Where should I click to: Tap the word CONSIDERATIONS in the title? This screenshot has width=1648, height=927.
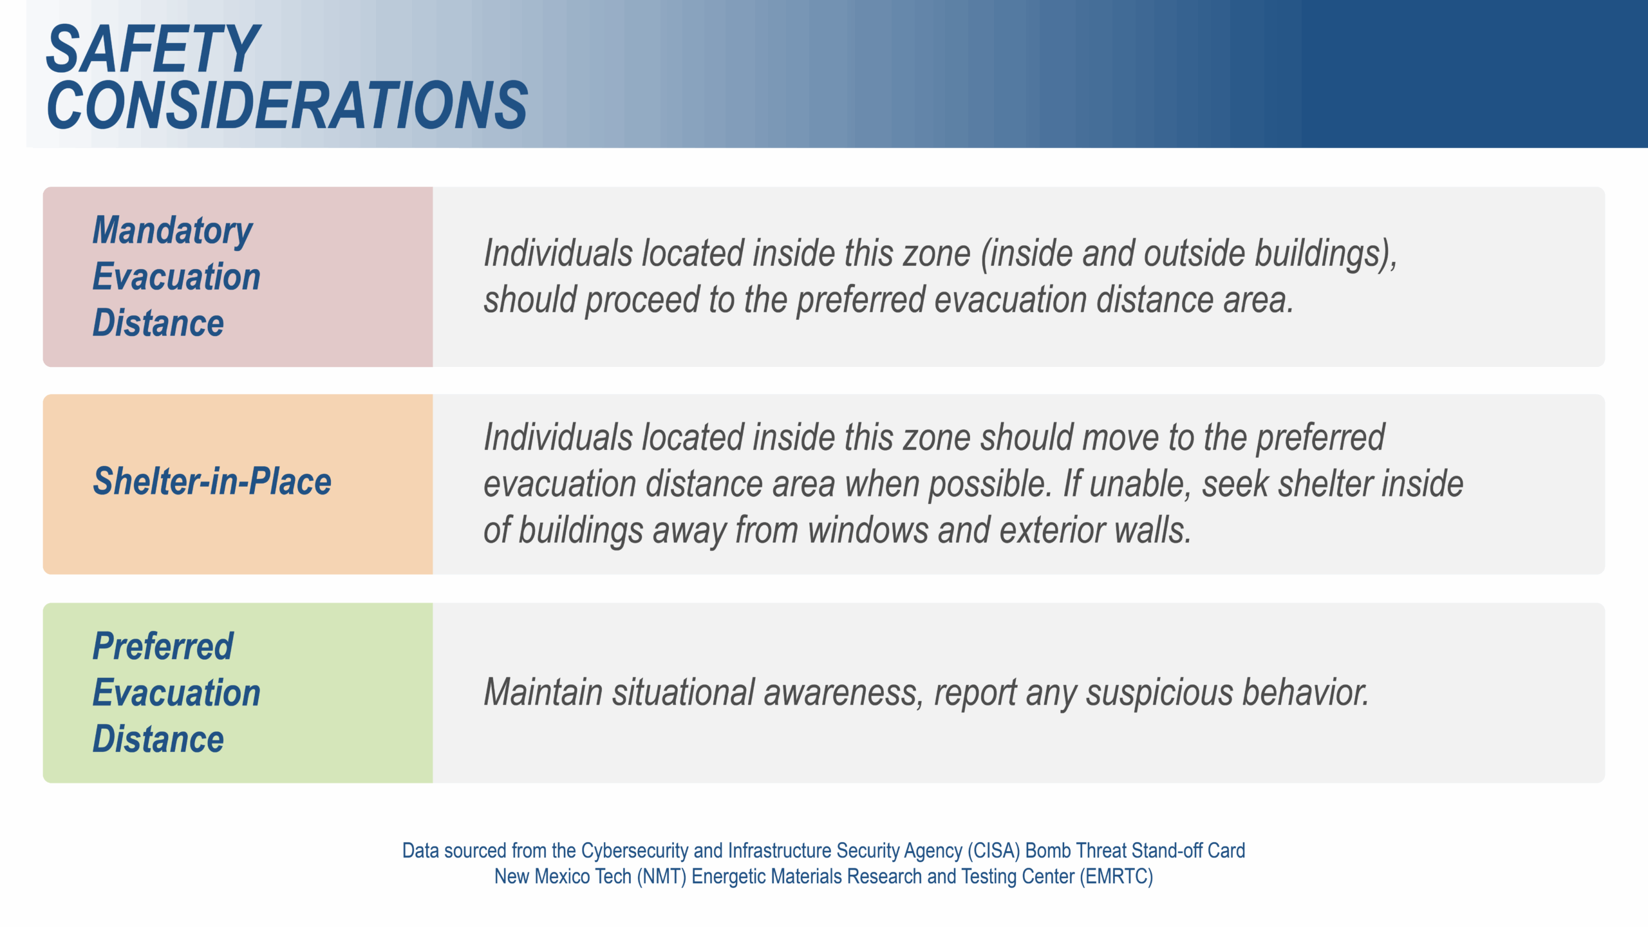tap(287, 104)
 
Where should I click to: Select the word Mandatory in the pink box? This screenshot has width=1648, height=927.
tap(173, 231)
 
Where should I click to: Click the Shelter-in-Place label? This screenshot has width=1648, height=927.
tap(212, 482)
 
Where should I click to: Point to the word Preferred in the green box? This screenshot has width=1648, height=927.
tap(163, 646)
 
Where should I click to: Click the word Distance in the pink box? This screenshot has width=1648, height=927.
tap(158, 323)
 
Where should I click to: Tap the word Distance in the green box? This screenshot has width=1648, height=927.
tap(158, 738)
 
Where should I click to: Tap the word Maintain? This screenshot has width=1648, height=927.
tap(543, 692)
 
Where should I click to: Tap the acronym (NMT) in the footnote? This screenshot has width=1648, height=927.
tap(661, 877)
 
